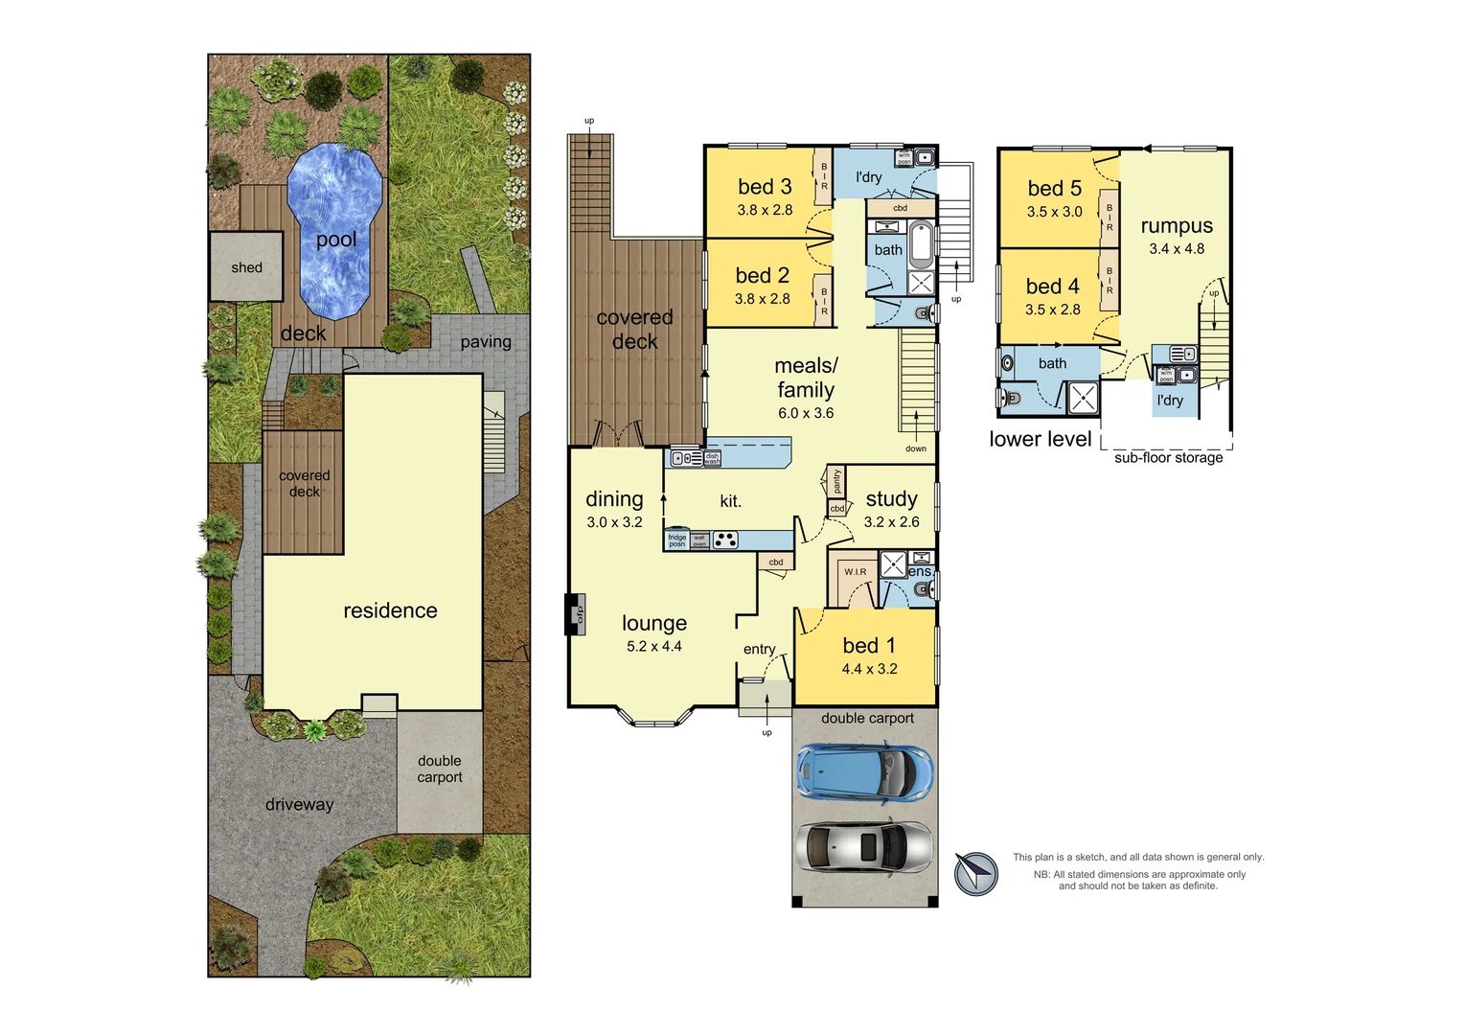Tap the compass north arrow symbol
click(x=976, y=873)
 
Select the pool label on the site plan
click(x=336, y=240)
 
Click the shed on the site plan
click(x=246, y=267)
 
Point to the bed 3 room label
click(x=765, y=187)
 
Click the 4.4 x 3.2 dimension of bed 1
click(x=869, y=669)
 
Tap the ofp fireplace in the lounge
click(x=576, y=614)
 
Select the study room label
click(x=891, y=498)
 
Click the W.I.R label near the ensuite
click(x=855, y=572)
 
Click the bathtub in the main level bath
click(x=921, y=244)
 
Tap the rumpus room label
click(x=1177, y=226)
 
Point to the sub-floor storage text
click(x=1168, y=458)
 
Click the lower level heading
click(x=1041, y=439)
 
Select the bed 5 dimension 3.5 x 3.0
click(x=1054, y=212)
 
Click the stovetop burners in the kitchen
click(x=725, y=540)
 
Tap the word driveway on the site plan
click(x=299, y=805)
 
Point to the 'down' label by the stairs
click(x=916, y=448)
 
